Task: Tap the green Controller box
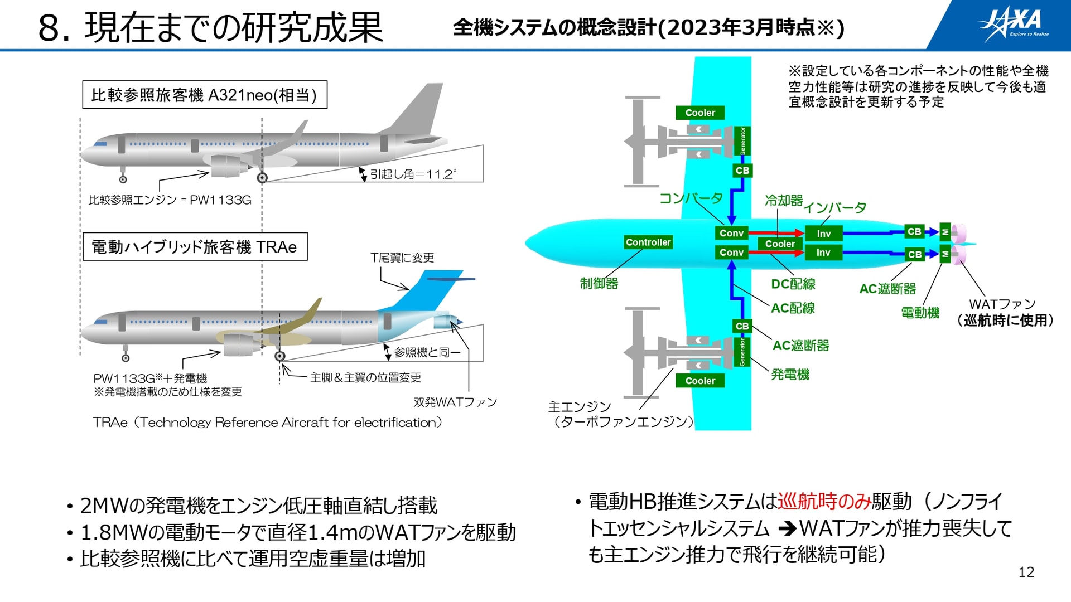click(648, 242)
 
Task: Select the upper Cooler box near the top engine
click(700, 113)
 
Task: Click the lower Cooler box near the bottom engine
click(700, 381)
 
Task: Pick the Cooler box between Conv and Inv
click(780, 244)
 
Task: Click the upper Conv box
click(731, 233)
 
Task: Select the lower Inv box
click(823, 253)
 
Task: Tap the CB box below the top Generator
click(742, 171)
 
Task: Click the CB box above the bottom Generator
click(742, 326)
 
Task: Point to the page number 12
click(1026, 572)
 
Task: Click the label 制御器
click(599, 283)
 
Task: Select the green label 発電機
click(790, 375)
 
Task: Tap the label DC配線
click(793, 284)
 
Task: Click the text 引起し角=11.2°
click(413, 174)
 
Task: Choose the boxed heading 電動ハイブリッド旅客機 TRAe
click(195, 246)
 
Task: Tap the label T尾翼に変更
click(402, 258)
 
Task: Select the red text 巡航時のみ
click(824, 502)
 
